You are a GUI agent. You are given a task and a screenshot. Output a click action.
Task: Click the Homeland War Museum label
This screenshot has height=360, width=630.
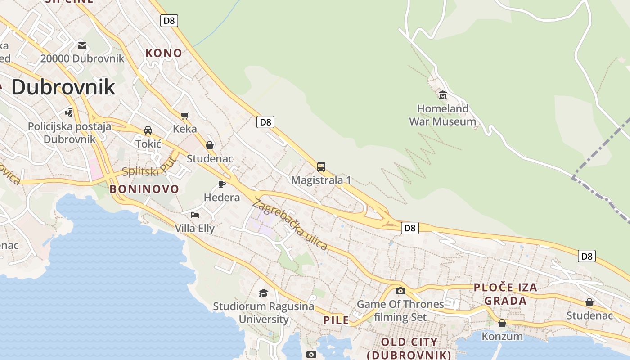pyautogui.click(x=442, y=115)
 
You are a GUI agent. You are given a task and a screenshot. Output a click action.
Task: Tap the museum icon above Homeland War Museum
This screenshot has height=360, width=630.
pyautogui.click(x=442, y=95)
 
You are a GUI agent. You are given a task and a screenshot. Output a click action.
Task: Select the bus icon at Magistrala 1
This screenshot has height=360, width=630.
pyautogui.click(x=321, y=167)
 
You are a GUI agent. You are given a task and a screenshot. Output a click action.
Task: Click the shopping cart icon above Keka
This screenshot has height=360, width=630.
pyautogui.click(x=184, y=116)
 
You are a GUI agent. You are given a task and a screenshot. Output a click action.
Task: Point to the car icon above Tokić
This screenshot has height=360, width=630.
pyautogui.click(x=148, y=130)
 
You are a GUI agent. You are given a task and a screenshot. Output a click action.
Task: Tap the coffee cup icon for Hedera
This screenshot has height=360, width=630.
pyautogui.click(x=221, y=184)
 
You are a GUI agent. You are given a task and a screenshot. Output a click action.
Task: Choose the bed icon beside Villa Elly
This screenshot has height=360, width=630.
pyautogui.click(x=195, y=215)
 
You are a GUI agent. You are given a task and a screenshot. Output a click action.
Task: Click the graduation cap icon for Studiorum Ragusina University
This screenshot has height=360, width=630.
pyautogui.click(x=263, y=293)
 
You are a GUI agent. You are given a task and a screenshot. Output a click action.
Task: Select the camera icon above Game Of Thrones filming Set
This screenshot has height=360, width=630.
pyautogui.click(x=400, y=291)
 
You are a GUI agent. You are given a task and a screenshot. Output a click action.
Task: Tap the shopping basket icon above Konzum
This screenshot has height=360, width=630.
pyautogui.click(x=502, y=323)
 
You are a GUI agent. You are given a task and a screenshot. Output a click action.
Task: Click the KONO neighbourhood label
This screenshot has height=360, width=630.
pyautogui.click(x=164, y=53)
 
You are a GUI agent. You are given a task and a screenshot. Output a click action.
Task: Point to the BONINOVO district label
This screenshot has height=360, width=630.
pyautogui.click(x=144, y=189)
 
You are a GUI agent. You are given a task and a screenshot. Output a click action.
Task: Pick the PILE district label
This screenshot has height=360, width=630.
pyautogui.click(x=336, y=320)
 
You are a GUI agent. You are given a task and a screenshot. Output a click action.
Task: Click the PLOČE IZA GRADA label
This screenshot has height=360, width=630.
pyautogui.click(x=505, y=294)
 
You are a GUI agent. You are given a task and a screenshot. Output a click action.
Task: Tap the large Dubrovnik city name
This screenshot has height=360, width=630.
pyautogui.click(x=63, y=87)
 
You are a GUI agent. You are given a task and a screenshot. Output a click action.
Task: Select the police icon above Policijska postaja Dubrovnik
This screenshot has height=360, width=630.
pyautogui.click(x=69, y=112)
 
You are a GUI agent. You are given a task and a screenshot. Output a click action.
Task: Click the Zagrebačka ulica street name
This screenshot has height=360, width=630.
pyautogui.click(x=290, y=225)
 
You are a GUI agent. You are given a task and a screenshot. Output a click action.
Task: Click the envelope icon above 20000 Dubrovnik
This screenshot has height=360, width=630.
pyautogui.click(x=82, y=45)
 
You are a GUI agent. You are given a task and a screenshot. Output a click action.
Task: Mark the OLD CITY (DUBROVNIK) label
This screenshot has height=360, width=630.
pyautogui.click(x=409, y=348)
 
